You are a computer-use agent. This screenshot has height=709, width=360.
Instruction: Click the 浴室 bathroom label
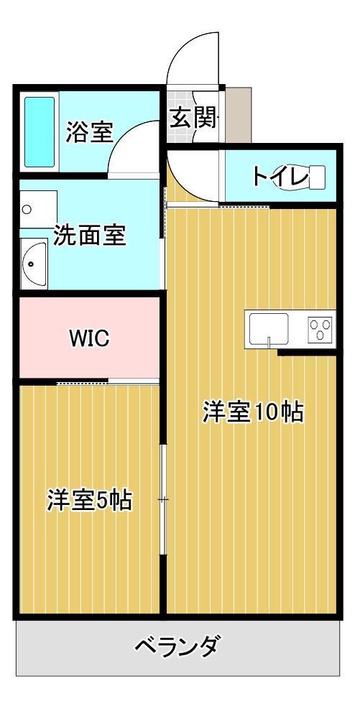click(89, 133)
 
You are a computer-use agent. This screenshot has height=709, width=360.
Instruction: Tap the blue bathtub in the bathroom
click(40, 132)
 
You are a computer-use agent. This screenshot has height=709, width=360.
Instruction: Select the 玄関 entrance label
click(193, 118)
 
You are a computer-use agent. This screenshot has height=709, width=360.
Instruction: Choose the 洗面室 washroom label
click(90, 236)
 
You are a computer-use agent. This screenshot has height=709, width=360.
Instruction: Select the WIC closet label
click(89, 338)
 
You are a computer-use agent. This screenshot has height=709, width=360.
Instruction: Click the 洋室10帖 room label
click(252, 412)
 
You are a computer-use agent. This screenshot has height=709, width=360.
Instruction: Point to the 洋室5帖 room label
click(90, 501)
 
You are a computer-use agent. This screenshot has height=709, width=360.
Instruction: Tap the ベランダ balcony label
click(177, 647)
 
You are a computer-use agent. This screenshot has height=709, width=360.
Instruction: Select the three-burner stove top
click(320, 329)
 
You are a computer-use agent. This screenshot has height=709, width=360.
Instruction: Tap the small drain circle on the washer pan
click(27, 210)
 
